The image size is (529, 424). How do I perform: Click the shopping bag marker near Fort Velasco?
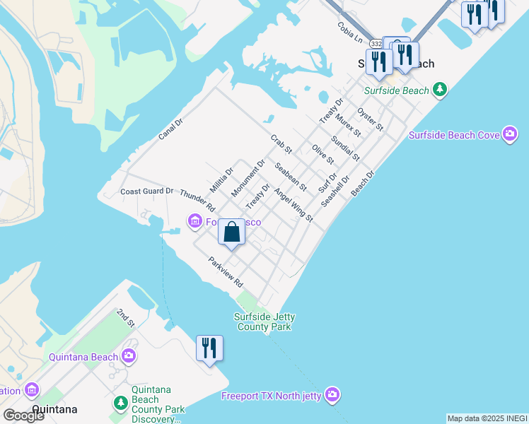(231, 232)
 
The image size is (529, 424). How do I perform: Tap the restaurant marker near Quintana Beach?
(209, 348)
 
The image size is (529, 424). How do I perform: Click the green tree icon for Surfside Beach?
(441, 89)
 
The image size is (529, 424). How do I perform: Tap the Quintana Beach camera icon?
(128, 355)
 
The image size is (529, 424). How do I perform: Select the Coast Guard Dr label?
(146, 191)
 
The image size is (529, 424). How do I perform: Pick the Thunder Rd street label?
(197, 200)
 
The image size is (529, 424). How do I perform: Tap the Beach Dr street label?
(362, 182)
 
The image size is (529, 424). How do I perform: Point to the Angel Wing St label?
(293, 206)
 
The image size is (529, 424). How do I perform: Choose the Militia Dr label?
(221, 179)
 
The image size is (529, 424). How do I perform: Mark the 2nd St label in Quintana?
(125, 317)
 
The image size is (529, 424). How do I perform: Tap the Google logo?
(23, 415)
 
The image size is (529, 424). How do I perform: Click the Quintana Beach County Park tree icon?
(120, 403)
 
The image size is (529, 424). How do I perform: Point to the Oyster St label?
(370, 119)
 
